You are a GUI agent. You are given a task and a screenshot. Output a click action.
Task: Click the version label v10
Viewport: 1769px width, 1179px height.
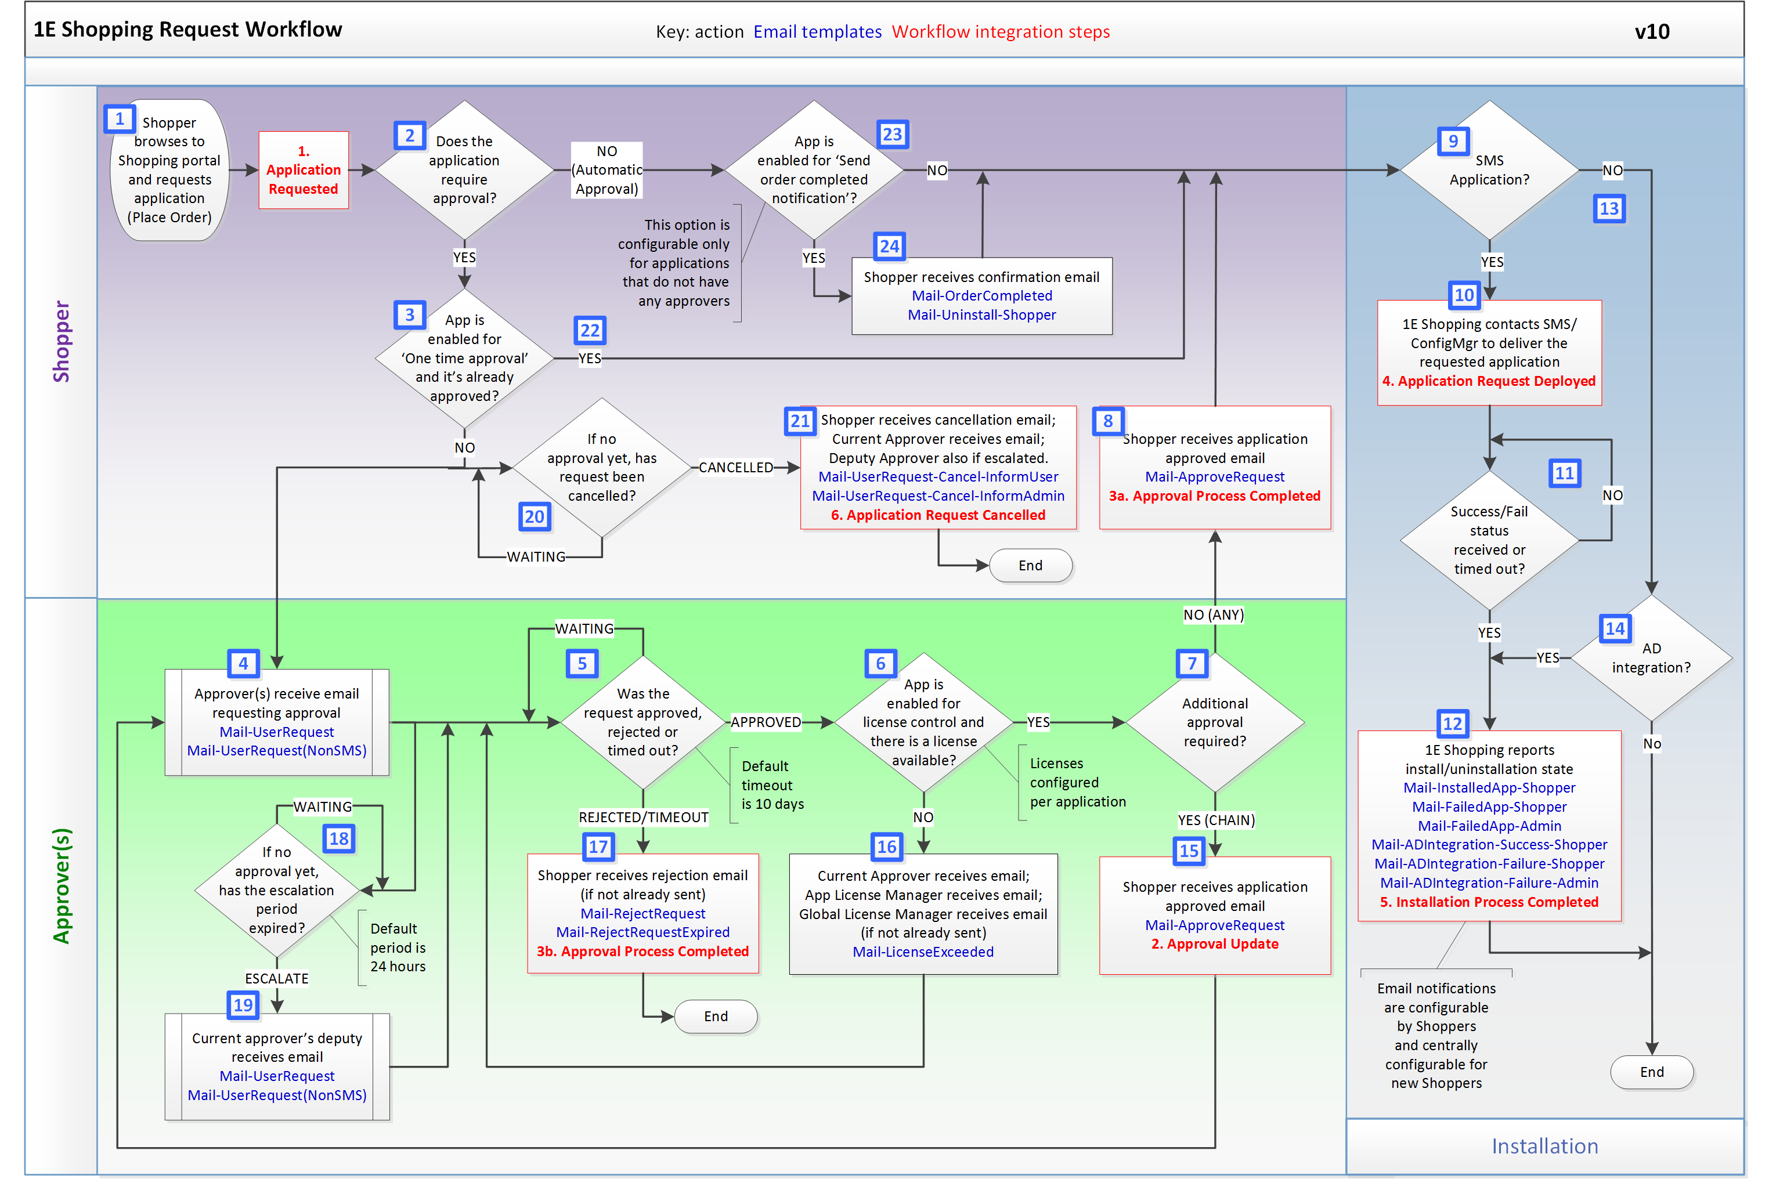[1651, 31]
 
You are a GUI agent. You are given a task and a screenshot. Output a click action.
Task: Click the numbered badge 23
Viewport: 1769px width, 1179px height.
[892, 135]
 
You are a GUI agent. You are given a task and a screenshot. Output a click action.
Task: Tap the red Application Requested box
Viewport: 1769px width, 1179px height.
[303, 171]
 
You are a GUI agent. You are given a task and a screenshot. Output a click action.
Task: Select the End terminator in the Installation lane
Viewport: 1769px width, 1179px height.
[1651, 1072]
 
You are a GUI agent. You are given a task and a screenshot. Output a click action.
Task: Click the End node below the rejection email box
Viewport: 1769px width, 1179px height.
[715, 1016]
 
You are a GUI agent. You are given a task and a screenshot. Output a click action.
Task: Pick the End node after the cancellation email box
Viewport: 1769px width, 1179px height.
[1030, 566]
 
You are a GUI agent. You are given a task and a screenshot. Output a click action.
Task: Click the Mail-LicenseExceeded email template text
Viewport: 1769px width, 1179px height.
[923, 952]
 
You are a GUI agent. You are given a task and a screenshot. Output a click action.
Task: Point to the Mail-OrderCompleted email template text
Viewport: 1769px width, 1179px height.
[981, 295]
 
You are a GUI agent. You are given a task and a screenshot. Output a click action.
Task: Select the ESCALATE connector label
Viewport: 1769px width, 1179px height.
[277, 978]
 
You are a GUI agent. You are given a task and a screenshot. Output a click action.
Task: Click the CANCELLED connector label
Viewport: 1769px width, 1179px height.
[735, 468]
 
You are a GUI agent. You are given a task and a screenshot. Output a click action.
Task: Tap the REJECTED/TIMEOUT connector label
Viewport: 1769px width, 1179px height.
[643, 818]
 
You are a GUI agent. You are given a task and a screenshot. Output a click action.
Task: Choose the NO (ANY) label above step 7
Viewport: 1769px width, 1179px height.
[1213, 615]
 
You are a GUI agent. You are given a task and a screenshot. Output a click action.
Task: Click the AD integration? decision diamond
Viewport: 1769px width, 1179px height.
[1651, 658]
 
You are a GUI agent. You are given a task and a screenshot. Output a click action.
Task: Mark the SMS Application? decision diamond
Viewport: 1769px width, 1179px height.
[1489, 171]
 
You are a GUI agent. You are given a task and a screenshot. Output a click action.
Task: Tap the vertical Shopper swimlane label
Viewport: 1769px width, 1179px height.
[61, 342]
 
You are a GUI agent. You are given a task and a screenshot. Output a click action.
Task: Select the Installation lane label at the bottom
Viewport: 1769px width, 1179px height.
[1544, 1146]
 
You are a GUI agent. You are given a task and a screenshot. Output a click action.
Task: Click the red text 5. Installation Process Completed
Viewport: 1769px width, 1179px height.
[1489, 902]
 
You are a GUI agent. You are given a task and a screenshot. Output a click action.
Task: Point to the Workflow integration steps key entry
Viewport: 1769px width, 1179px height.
[1001, 31]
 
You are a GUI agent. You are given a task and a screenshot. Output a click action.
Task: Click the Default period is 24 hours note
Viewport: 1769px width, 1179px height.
[397, 947]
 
